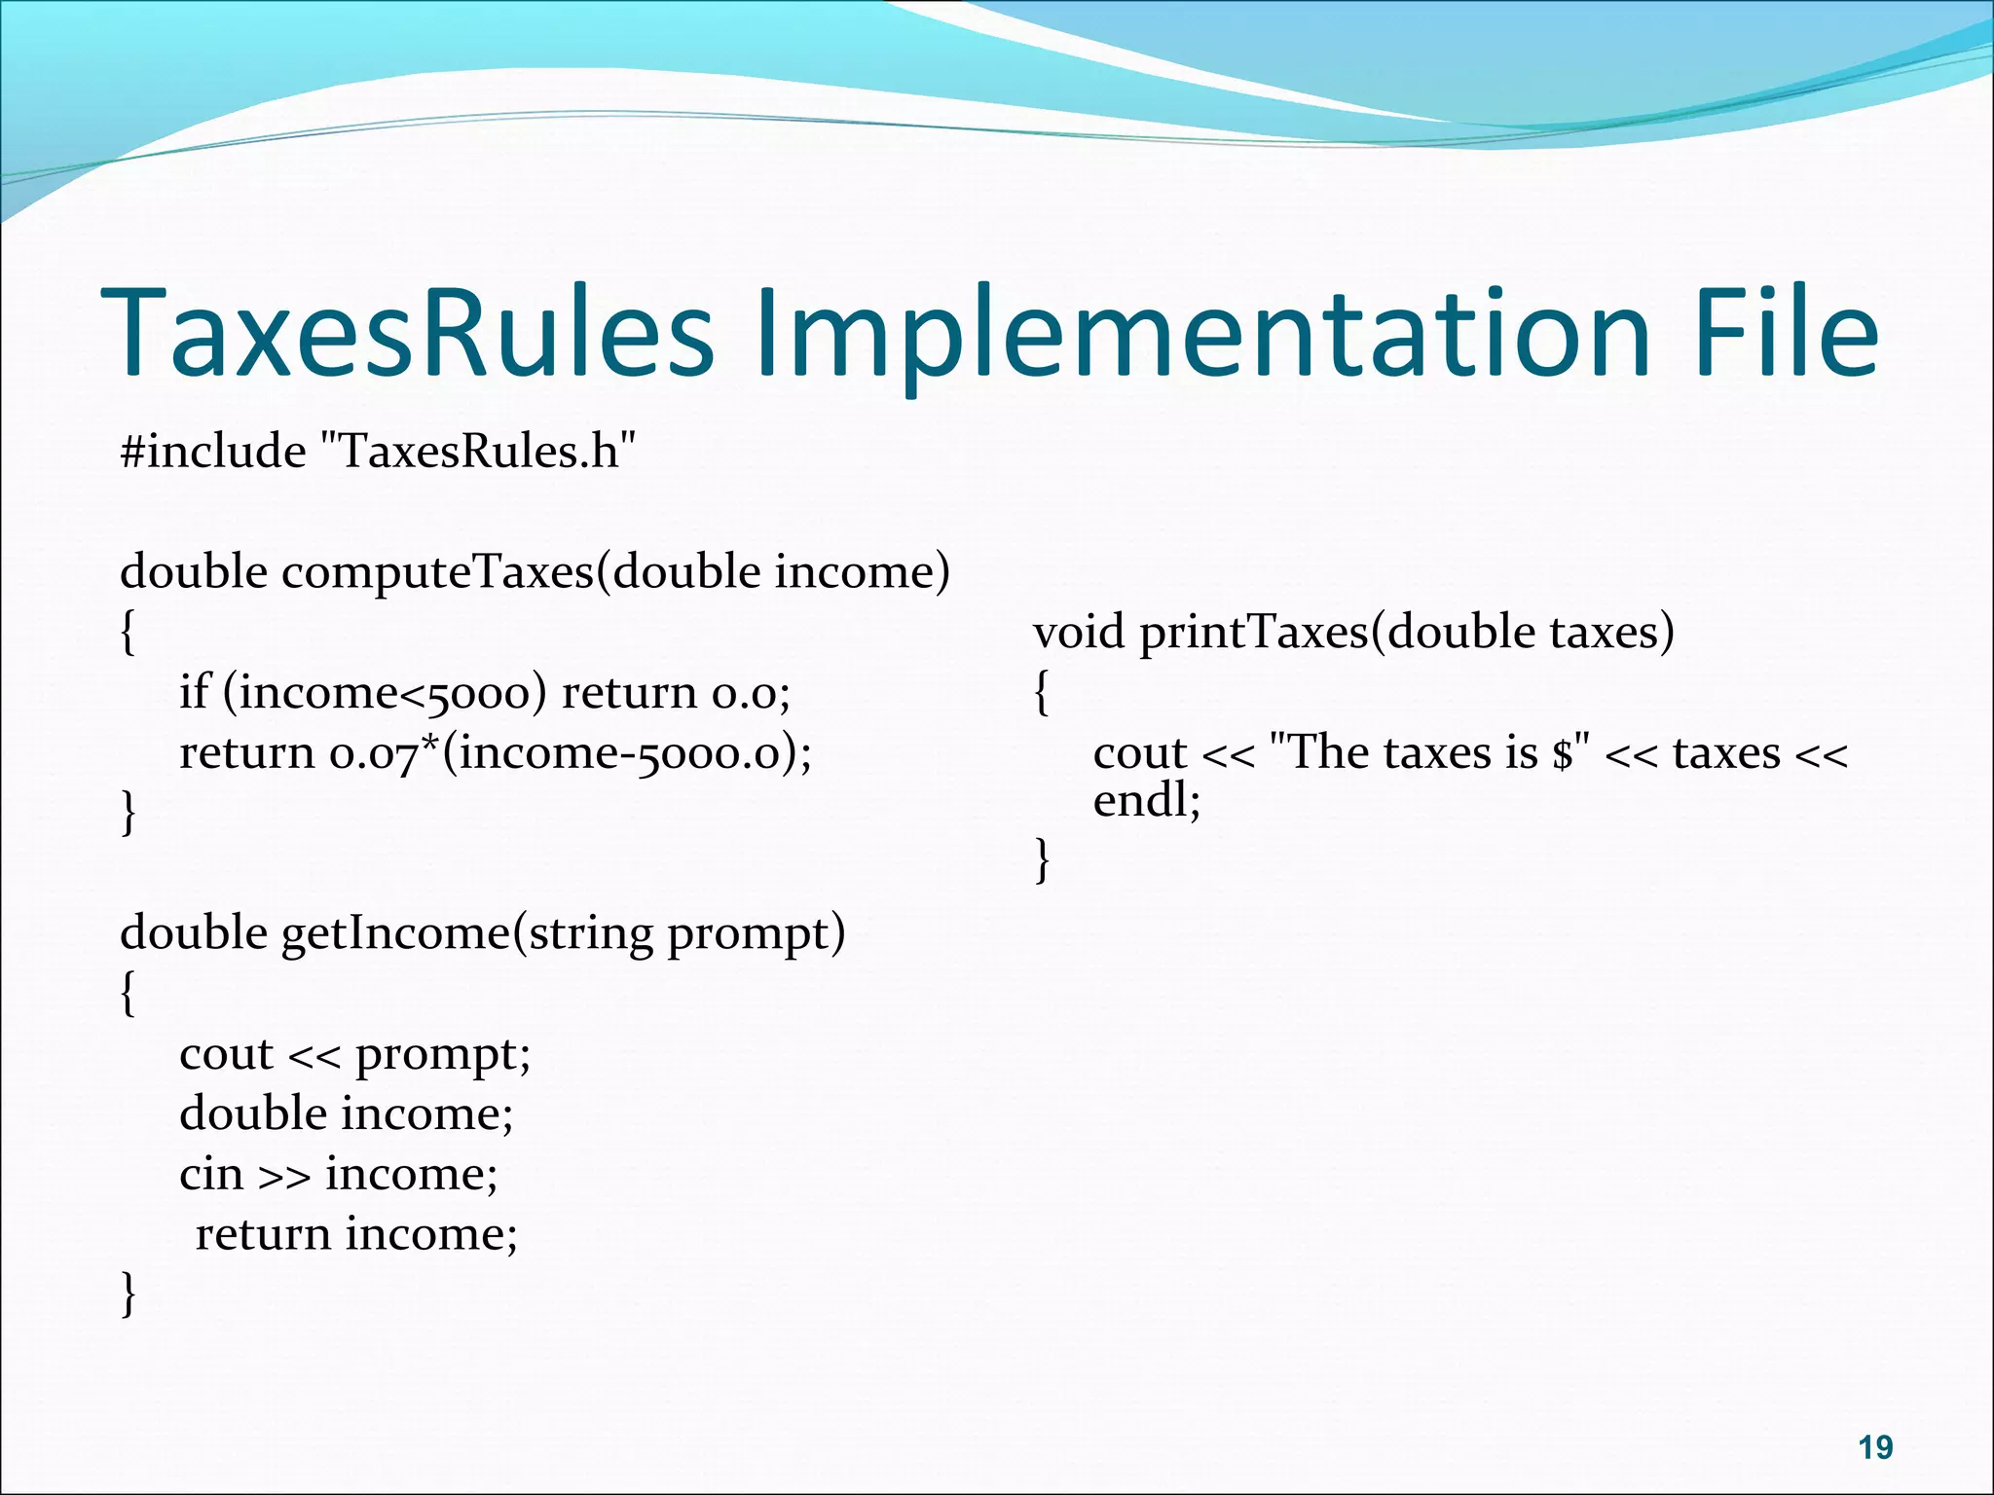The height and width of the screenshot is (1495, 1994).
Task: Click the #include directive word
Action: (x=213, y=451)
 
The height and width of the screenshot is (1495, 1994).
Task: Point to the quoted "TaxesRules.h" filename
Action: (x=478, y=451)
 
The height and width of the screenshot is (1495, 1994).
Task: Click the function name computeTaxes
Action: (x=438, y=571)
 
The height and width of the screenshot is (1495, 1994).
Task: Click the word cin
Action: (x=210, y=1175)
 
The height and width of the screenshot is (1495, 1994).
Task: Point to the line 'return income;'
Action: (x=356, y=1235)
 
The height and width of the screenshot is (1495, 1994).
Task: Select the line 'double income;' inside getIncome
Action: (x=346, y=1114)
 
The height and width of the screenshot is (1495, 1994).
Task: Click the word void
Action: (x=1078, y=633)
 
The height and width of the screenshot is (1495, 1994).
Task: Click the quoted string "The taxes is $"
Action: (x=1430, y=753)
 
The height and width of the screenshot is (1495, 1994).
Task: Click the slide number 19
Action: (x=1875, y=1447)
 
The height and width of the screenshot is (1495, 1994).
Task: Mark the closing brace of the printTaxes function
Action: (x=1042, y=860)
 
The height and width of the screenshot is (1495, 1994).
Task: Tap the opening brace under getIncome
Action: (x=128, y=994)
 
